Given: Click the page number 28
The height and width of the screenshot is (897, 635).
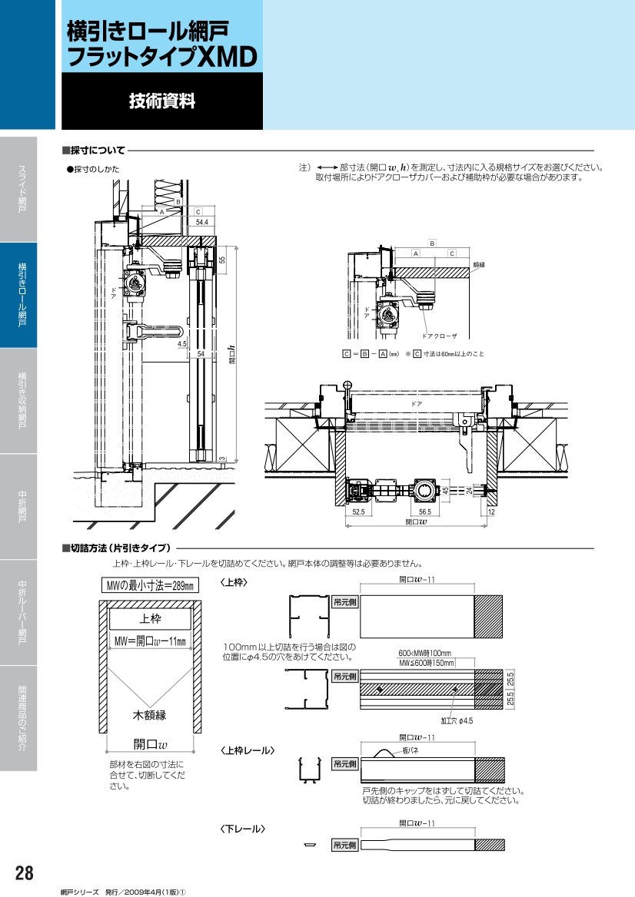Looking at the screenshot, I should coord(24,873).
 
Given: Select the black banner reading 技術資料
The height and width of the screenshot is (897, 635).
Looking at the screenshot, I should coord(161,101).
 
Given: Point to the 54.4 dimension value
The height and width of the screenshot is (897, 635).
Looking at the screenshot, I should coord(202,222).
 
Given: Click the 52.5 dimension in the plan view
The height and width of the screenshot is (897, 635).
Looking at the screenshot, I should coord(358,510).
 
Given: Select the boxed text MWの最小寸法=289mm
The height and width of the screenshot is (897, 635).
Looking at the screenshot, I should coord(150,586).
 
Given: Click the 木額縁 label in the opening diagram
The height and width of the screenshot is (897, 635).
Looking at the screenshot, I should coord(149,715).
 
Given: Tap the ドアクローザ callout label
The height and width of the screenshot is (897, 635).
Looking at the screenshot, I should coord(440,336).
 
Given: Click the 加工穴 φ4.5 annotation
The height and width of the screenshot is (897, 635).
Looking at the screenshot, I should coord(457,721).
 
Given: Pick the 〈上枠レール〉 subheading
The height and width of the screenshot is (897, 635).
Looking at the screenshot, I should coord(248,750).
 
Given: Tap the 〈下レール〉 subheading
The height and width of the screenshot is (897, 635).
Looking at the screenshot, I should coord(243,829).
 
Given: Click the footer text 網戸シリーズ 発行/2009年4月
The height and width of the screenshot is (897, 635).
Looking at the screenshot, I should coord(123,892).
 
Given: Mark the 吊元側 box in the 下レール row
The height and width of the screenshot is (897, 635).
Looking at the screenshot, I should coord(344,845).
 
